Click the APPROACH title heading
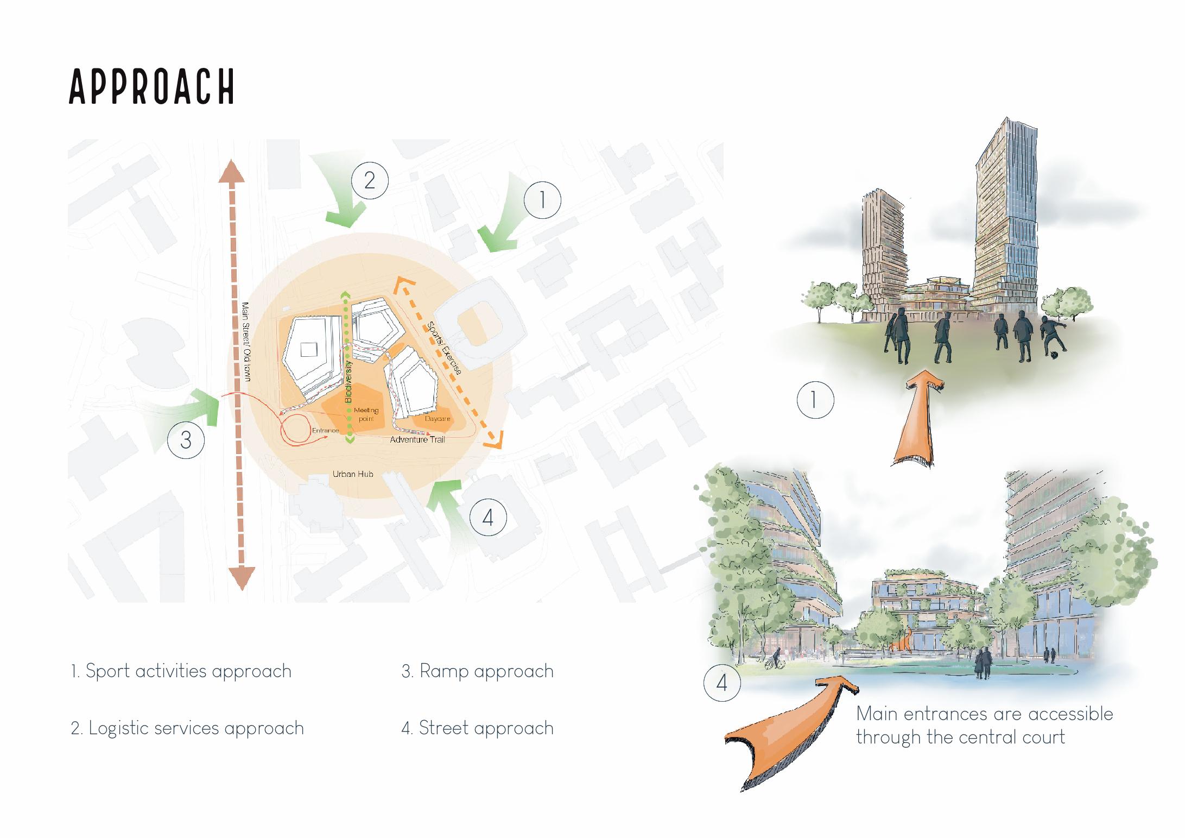click(x=152, y=86)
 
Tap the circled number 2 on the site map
click(x=370, y=180)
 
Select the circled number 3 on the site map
click(x=186, y=439)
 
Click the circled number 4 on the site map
click(x=487, y=517)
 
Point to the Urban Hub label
click(x=353, y=474)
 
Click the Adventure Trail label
click(x=417, y=439)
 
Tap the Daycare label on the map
click(x=438, y=419)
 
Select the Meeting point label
click(x=366, y=414)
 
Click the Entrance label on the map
click(x=325, y=431)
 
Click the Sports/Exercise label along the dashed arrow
click(x=444, y=348)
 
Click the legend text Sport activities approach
click(x=181, y=671)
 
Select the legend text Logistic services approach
click(x=187, y=728)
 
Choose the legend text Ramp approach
click(x=478, y=671)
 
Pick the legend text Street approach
click(x=478, y=728)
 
